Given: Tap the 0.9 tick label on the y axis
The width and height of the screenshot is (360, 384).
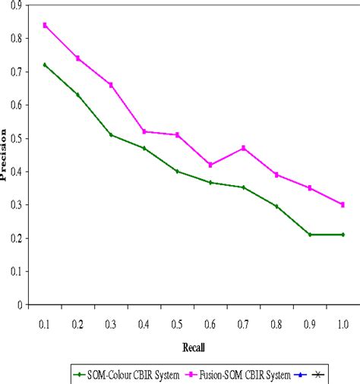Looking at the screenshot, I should pyautogui.click(x=15, y=5).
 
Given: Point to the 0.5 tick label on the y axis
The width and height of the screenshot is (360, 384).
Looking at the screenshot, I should pyautogui.click(x=15, y=138).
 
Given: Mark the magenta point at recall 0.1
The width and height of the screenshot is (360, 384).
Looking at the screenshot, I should pyautogui.click(x=45, y=25).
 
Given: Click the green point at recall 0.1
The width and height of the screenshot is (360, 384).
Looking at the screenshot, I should pyautogui.click(x=45, y=65).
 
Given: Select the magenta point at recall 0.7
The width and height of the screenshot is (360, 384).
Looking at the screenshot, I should pyautogui.click(x=243, y=148).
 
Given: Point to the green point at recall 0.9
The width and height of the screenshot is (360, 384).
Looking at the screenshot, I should pyautogui.click(x=309, y=234).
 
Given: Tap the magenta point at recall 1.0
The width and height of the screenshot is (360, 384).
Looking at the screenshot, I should pyautogui.click(x=343, y=204).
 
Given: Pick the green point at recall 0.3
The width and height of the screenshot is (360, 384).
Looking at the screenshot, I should pyautogui.click(x=111, y=135).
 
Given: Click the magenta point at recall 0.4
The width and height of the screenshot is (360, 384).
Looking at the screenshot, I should pyautogui.click(x=144, y=131).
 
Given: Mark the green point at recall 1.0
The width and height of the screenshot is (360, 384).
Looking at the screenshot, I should pyautogui.click(x=343, y=234).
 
